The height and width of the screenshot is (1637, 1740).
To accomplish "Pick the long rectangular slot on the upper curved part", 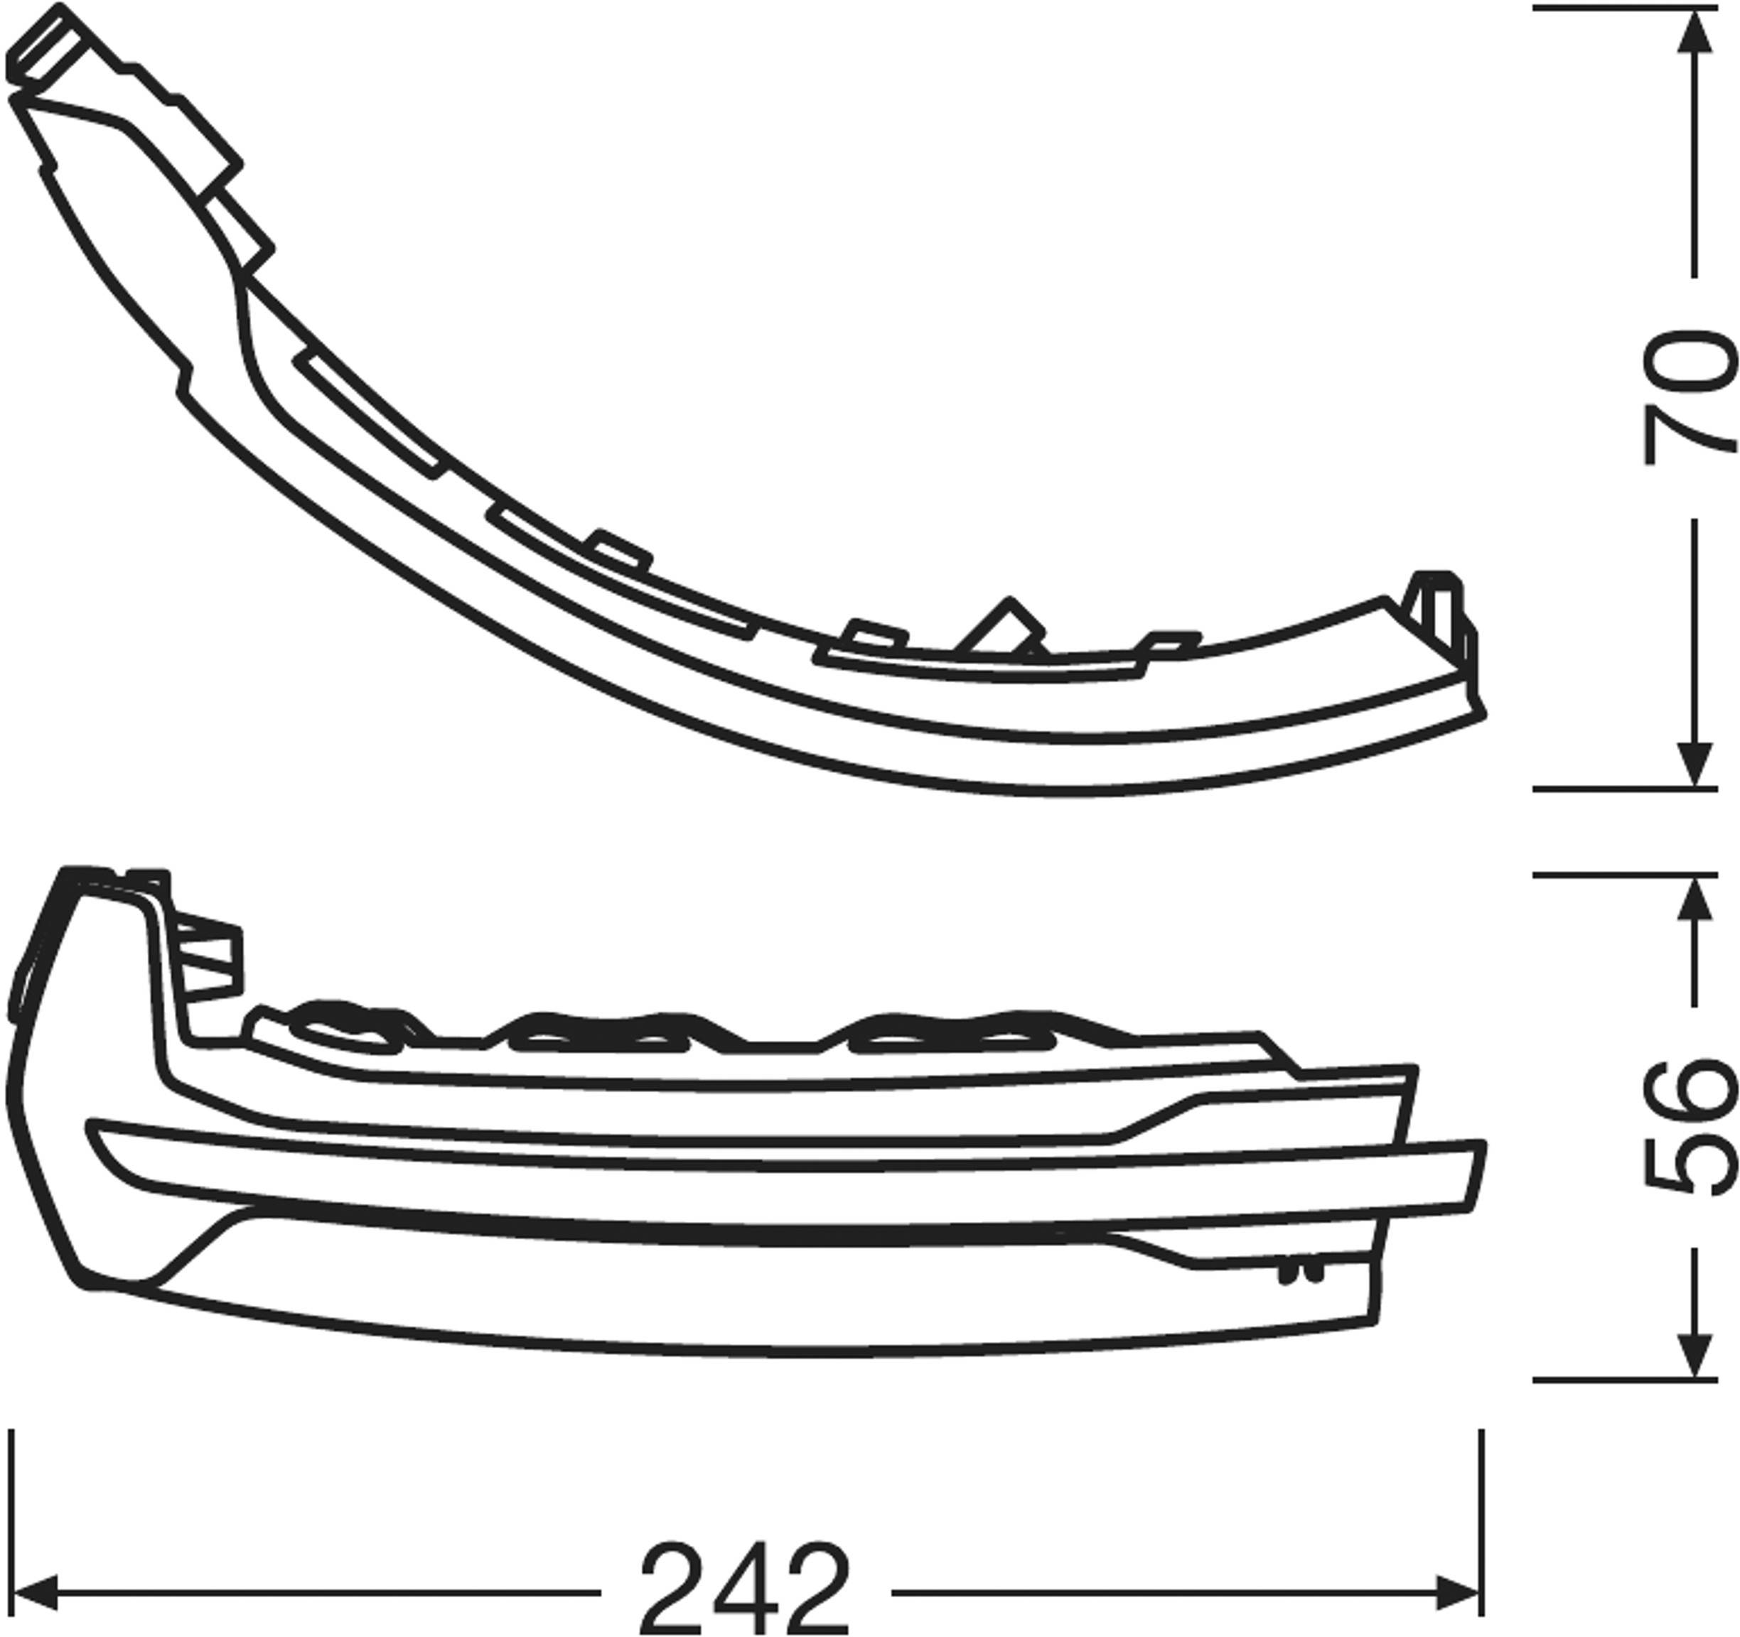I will pos(372,411).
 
